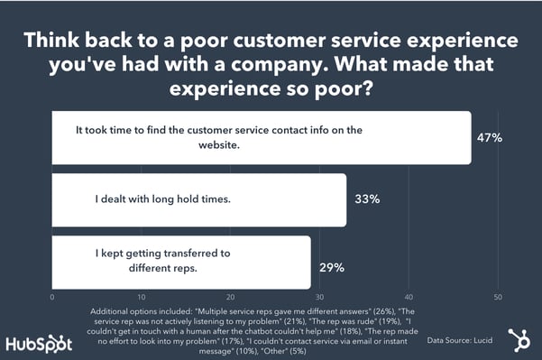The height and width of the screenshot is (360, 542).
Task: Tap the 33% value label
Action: (x=366, y=200)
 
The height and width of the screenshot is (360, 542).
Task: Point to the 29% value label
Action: (x=331, y=267)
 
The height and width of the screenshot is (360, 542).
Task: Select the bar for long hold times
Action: (x=199, y=200)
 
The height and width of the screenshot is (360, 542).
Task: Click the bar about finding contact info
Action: (x=262, y=138)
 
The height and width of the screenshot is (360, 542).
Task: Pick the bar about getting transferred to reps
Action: (x=181, y=263)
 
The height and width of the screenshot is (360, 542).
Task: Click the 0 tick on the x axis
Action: (x=53, y=297)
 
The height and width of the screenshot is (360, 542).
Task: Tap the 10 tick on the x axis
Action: (x=142, y=297)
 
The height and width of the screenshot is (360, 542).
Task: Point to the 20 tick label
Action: (x=231, y=297)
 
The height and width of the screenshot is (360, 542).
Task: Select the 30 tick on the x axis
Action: (x=320, y=297)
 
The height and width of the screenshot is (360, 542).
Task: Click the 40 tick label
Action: (x=409, y=297)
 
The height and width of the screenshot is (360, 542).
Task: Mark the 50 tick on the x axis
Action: (x=498, y=297)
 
